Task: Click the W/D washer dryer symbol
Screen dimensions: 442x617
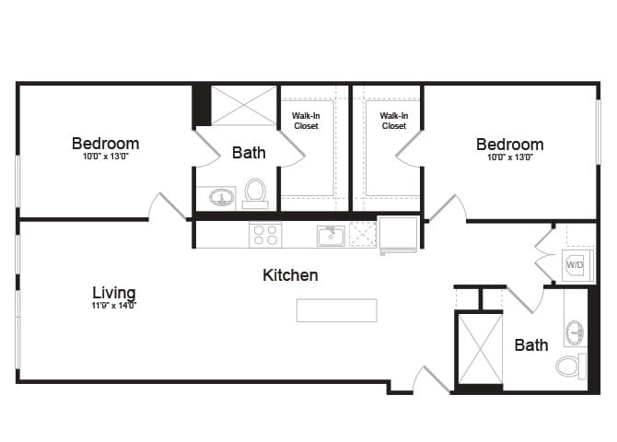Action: (x=575, y=264)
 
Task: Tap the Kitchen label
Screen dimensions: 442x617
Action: (x=290, y=274)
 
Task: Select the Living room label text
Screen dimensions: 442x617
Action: (x=114, y=292)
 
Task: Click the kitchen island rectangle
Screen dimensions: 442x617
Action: (x=336, y=310)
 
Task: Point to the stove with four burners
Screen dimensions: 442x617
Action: (x=265, y=236)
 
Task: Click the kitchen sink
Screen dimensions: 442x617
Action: (x=331, y=236)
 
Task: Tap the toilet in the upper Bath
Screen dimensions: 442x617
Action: (x=255, y=193)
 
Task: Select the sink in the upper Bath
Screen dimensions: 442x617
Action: (x=221, y=197)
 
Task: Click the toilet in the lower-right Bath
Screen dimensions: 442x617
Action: (x=571, y=366)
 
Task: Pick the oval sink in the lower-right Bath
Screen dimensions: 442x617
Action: (x=576, y=331)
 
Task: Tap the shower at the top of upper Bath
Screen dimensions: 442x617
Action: (x=244, y=105)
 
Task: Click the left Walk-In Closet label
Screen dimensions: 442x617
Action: (x=306, y=121)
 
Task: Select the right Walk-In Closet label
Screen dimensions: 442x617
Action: (x=393, y=121)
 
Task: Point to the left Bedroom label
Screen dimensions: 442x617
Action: (x=106, y=144)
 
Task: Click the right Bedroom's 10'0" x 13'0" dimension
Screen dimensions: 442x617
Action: (x=509, y=157)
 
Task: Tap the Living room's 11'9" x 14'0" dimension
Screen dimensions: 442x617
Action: (x=114, y=306)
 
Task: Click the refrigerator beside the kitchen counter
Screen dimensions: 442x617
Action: (x=398, y=234)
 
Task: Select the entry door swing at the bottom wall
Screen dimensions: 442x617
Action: (x=429, y=379)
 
